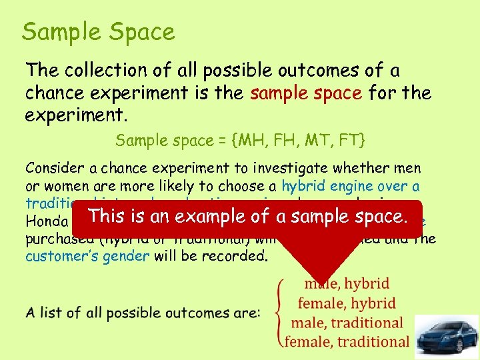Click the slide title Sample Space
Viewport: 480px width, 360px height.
pos(98,31)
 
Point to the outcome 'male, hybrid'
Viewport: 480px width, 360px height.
pos(347,285)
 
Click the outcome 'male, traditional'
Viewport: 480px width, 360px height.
pos(347,323)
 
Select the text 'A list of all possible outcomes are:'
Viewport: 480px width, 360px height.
pos(142,313)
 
